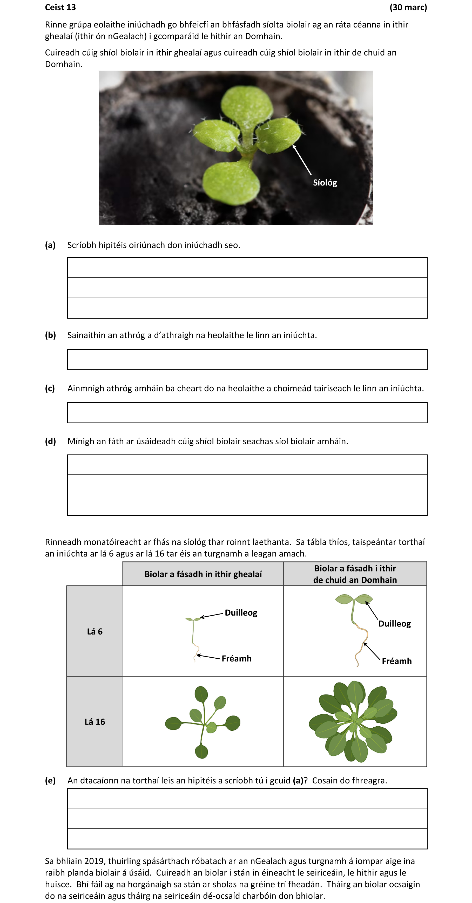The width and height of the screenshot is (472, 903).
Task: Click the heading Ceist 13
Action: coord(60,7)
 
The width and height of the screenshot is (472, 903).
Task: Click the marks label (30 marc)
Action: coord(408,7)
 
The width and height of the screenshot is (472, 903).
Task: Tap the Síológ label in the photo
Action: coord(325,183)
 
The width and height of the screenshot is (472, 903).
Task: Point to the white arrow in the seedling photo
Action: coord(302,160)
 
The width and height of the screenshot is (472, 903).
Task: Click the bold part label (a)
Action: coord(50,245)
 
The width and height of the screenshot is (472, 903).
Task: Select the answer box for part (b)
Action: coord(247,359)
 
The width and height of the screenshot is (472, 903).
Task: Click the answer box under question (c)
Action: coord(247,413)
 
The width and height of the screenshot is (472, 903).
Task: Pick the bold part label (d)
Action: coord(50,441)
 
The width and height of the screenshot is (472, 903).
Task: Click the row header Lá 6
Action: coord(95,631)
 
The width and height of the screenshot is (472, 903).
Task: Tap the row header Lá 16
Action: coord(95,721)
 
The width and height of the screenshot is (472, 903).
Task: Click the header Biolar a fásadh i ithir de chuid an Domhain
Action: coord(355,574)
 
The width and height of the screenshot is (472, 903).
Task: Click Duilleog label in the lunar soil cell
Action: coord(241,613)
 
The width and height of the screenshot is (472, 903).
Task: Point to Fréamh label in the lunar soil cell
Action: coord(236,658)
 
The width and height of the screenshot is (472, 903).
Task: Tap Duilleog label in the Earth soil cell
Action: coord(394,624)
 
